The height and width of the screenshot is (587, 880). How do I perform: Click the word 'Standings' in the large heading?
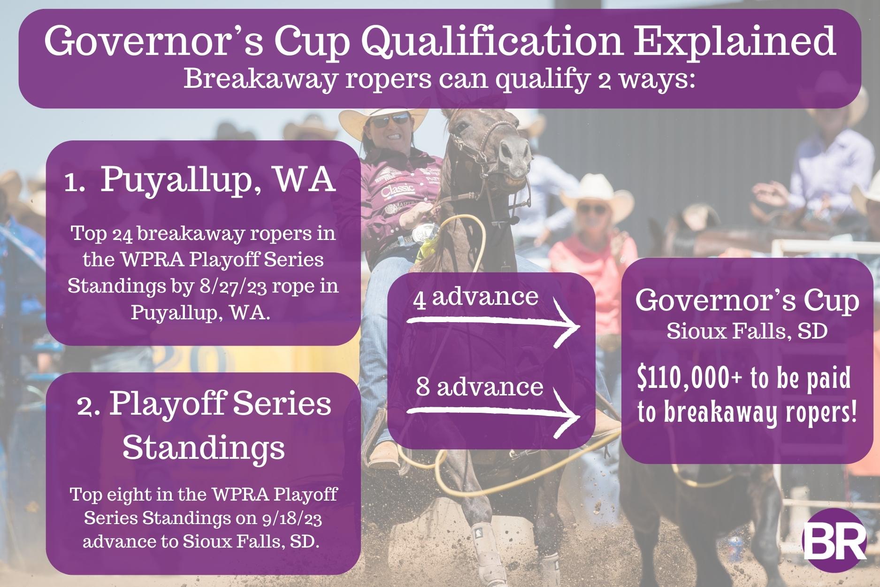click(x=206, y=448)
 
